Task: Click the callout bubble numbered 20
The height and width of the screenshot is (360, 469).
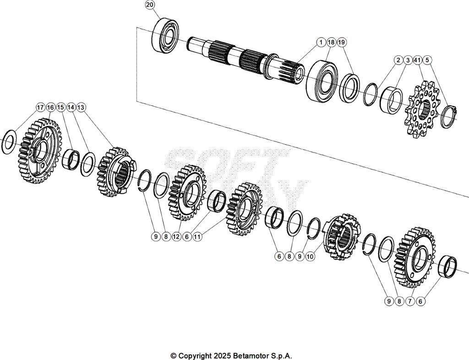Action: [x=150, y=5]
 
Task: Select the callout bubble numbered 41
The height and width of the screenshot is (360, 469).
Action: [x=417, y=60]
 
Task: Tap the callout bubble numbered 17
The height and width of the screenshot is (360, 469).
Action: [x=40, y=107]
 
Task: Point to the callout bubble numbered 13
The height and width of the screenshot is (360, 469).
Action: [x=81, y=107]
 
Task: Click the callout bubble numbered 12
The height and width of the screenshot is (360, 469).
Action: [x=176, y=237]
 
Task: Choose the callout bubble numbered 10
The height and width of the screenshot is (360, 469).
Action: [x=310, y=256]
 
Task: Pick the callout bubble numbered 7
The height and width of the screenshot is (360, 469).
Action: [x=409, y=301]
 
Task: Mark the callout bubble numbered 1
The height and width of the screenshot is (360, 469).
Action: [x=321, y=42]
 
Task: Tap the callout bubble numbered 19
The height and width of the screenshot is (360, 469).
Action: [x=342, y=42]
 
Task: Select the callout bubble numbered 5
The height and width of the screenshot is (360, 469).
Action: [x=427, y=60]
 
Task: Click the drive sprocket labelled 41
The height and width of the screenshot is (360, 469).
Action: [x=420, y=113]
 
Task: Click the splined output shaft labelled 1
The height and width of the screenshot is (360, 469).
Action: [x=243, y=58]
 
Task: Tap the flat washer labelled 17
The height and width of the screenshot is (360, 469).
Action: [x=10, y=142]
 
